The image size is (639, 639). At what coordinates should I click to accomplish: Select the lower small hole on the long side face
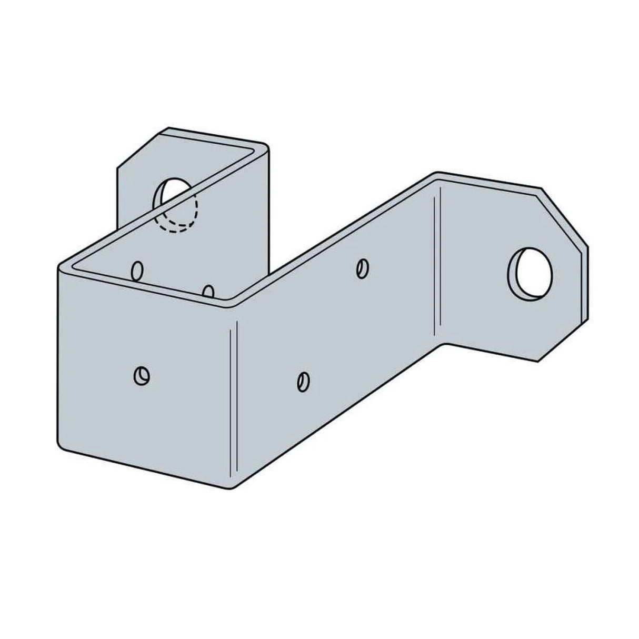coord(303,380)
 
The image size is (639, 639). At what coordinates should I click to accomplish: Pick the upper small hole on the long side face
coord(362,268)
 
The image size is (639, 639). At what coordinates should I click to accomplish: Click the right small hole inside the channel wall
coord(209,292)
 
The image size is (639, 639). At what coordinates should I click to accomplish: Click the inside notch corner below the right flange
coord(445,345)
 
